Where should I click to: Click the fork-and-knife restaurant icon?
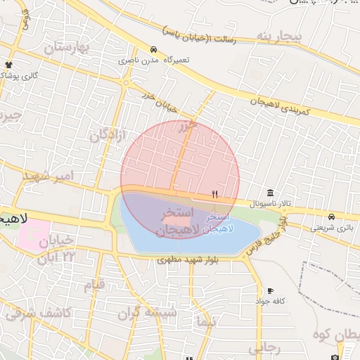tap(215, 195)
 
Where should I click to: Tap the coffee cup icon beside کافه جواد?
tap(270, 291)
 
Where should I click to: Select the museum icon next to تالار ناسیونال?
tap(271, 193)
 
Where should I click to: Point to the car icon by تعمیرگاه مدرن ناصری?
tap(153, 49)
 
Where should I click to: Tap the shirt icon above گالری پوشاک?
tap(8, 65)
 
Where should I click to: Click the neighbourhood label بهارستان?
tap(68, 48)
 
